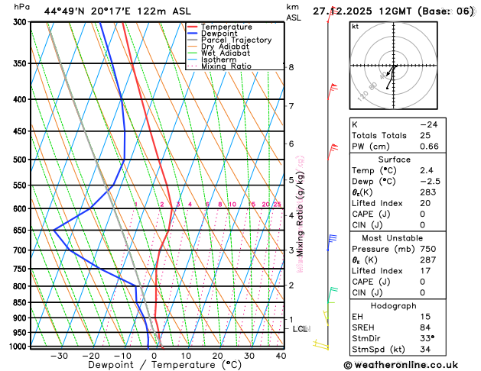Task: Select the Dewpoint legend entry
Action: [x=223, y=34]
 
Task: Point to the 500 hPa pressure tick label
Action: [x=21, y=160]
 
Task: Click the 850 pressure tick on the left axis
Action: [x=21, y=302]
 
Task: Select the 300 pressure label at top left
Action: [x=21, y=22]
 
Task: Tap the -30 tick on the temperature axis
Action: [x=59, y=356]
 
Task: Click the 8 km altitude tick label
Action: [x=291, y=67]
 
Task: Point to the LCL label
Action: [x=301, y=329]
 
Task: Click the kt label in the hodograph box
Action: [x=356, y=26]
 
